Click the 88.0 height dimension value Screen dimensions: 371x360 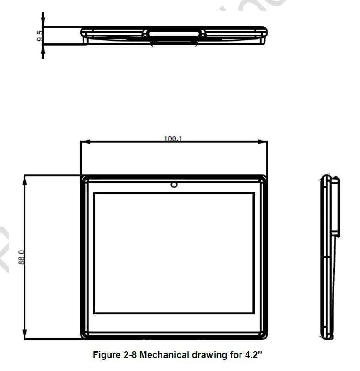21,257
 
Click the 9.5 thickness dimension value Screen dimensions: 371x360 40,35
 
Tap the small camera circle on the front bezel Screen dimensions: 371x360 174,185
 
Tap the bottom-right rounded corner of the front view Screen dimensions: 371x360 264,335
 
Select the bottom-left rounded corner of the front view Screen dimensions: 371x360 84,335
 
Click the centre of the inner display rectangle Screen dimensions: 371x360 174,253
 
